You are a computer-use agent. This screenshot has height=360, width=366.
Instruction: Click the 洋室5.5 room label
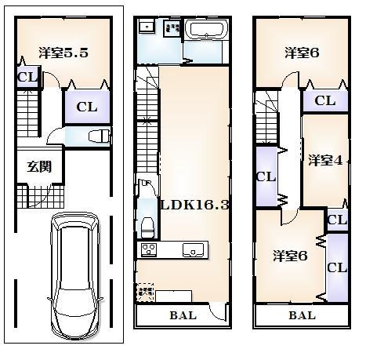click(x=63, y=54)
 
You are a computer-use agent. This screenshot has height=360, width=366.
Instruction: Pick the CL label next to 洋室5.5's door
click(x=27, y=77)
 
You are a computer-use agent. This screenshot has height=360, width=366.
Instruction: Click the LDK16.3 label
click(x=195, y=205)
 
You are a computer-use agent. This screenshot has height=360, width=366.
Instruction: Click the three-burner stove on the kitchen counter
click(x=149, y=250)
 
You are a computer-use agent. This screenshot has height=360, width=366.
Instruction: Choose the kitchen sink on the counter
click(x=193, y=250)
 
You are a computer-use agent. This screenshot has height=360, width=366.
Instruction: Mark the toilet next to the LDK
click(x=146, y=227)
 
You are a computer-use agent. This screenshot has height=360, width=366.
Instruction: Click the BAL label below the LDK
click(x=183, y=315)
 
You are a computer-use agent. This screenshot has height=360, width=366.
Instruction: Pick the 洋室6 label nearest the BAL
click(x=289, y=256)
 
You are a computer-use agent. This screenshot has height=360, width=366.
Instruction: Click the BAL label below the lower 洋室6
click(x=301, y=315)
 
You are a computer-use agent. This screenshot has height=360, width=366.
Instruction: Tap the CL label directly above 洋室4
click(x=325, y=100)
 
